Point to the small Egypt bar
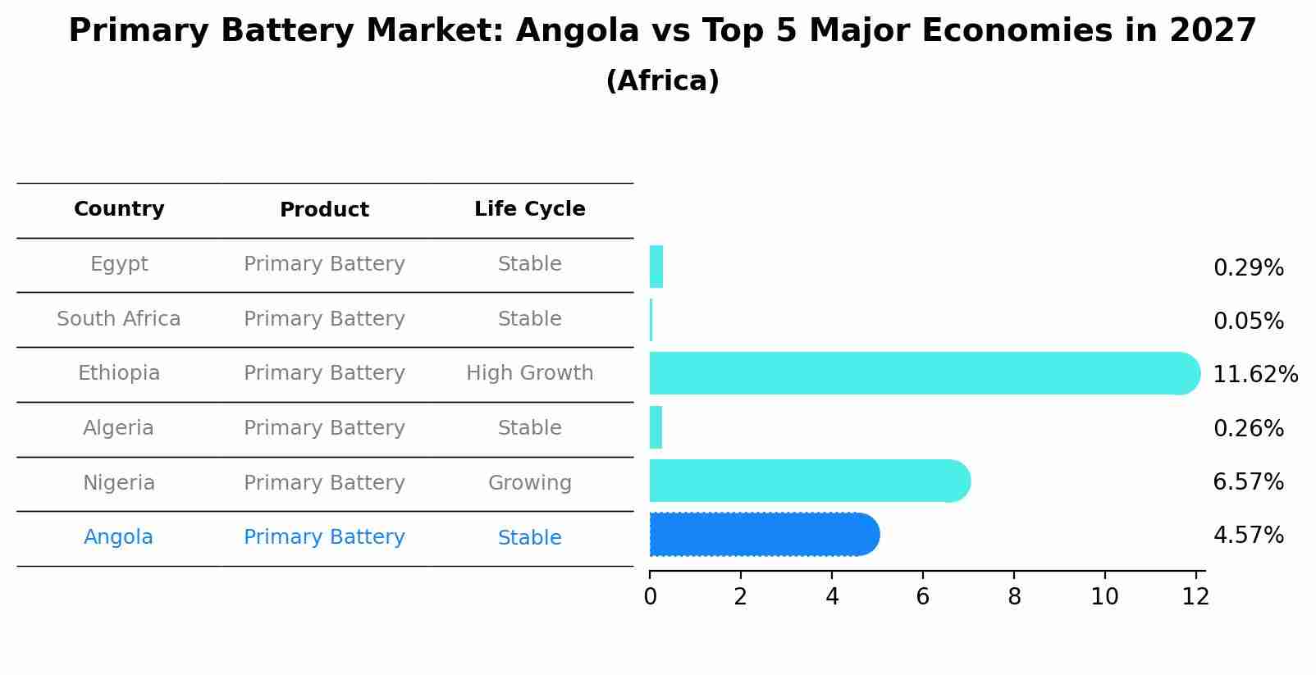(x=656, y=267)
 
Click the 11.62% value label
(x=1254, y=375)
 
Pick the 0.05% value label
(x=1248, y=322)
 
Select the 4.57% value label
(x=1248, y=536)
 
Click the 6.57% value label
(x=1248, y=482)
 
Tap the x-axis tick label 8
(x=1014, y=597)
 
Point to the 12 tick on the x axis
(x=1195, y=597)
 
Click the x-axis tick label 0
(x=650, y=597)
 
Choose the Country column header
(x=119, y=209)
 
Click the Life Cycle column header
(x=529, y=209)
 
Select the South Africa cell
(x=119, y=319)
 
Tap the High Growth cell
(x=529, y=373)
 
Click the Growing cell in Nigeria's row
(x=529, y=483)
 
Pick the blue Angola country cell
(x=118, y=537)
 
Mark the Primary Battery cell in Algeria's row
(x=324, y=428)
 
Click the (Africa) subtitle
(x=662, y=81)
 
